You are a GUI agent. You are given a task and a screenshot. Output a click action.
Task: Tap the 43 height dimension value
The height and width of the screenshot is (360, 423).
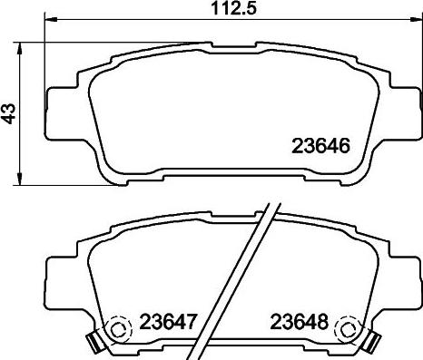[9, 114]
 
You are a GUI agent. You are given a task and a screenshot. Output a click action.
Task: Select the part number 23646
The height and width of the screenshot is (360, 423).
[320, 145]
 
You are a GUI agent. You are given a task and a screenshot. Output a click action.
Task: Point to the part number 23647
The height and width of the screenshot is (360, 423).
[170, 321]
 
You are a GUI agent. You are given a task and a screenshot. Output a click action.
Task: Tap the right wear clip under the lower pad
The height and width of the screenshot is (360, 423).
[370, 342]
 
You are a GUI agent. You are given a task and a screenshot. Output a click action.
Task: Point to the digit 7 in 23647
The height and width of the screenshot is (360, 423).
[194, 321]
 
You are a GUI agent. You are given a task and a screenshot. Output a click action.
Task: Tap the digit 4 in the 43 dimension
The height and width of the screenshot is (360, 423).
[9, 120]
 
